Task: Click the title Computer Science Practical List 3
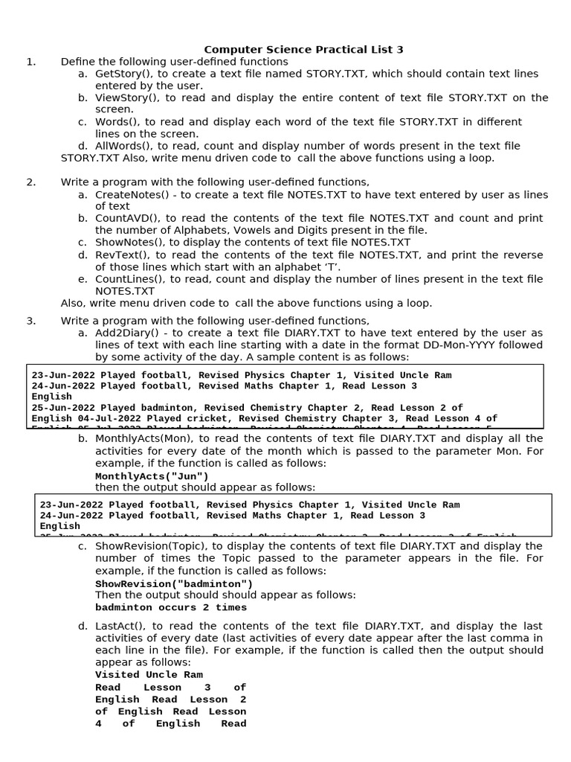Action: click(303, 50)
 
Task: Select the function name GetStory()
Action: click(121, 74)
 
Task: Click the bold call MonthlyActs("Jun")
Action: click(152, 476)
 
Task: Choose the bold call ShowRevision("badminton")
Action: click(174, 584)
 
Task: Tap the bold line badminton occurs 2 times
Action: click(171, 608)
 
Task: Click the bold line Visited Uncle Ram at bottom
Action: click(149, 676)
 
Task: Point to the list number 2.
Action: click(30, 182)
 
